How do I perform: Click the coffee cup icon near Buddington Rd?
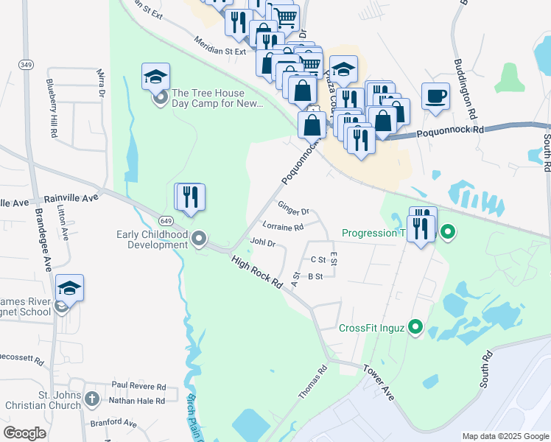[435, 96]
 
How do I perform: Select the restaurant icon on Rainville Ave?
[190, 197]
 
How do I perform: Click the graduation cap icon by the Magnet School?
[69, 288]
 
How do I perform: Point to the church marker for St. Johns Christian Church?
[92, 399]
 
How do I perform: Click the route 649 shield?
[165, 220]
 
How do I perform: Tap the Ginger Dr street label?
[293, 209]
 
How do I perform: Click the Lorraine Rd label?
[284, 227]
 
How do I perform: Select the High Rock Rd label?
[257, 272]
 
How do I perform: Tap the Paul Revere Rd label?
[138, 386]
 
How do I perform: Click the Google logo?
[25, 433]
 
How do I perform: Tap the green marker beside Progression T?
[447, 234]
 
